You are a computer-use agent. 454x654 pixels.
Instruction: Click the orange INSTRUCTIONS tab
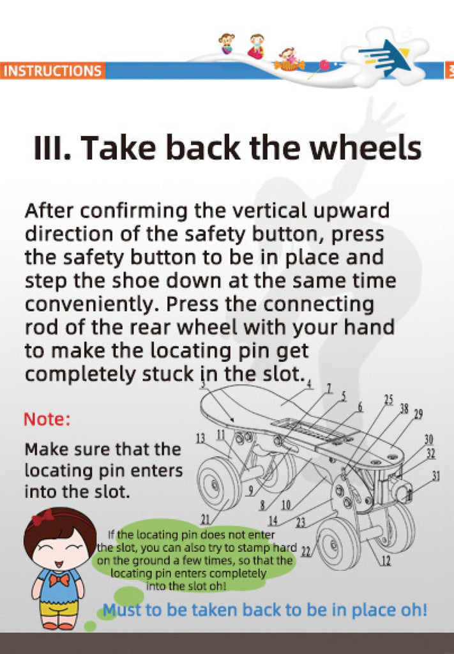click(52, 70)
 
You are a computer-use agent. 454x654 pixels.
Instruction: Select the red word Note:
click(47, 419)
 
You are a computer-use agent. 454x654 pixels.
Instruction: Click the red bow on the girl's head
click(43, 517)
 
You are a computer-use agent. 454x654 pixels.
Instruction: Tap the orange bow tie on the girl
click(59, 579)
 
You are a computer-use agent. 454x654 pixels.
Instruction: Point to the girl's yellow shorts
click(59, 609)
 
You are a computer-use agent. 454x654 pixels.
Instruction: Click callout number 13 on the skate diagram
click(201, 438)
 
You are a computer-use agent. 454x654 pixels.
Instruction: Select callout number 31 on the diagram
click(435, 476)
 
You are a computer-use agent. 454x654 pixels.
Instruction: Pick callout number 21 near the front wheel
click(206, 519)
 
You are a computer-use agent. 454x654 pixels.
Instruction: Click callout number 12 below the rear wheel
click(386, 561)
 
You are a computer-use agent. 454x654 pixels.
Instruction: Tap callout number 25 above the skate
click(388, 400)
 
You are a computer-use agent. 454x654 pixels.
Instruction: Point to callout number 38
click(404, 408)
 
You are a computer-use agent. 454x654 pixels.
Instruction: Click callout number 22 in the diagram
click(306, 552)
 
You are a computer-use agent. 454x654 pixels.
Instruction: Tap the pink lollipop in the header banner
click(324, 65)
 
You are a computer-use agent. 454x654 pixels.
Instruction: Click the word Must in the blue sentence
click(122, 610)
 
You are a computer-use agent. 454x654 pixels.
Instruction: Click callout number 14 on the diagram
click(273, 520)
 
